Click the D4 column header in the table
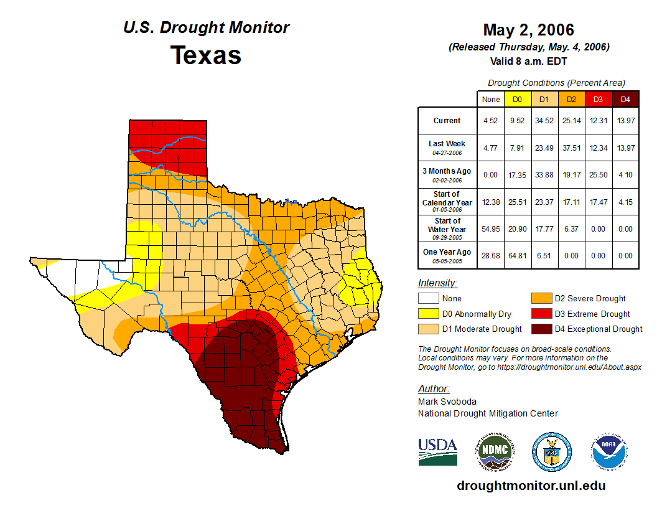625,100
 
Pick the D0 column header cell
517,100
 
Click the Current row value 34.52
544,121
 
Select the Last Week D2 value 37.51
571,148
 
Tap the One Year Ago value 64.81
517,255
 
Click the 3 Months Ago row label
447,174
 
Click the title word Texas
206,55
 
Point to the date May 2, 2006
528,30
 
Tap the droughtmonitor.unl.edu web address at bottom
531,486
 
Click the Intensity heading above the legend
437,283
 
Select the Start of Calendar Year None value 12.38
490,202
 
